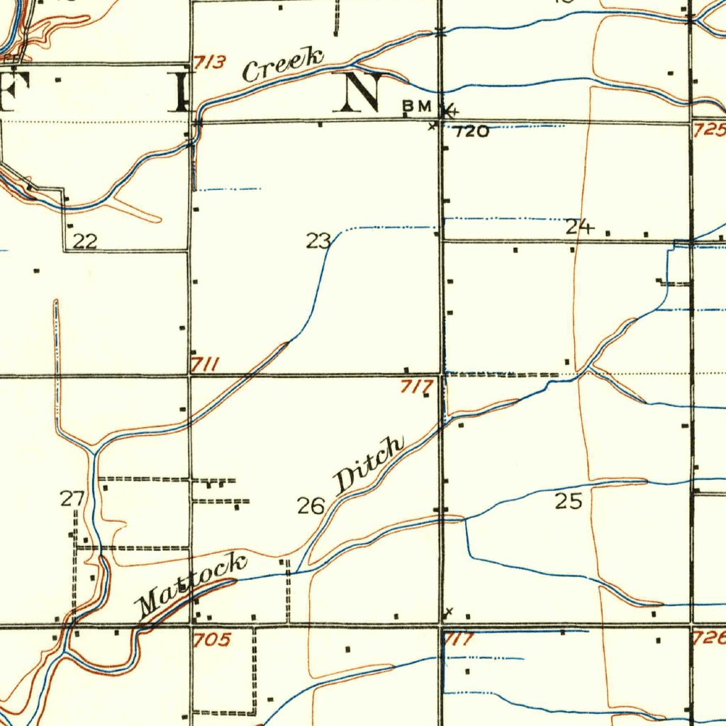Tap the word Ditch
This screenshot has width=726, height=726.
point(369,464)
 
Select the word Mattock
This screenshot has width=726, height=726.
point(191,585)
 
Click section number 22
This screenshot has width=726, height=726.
point(85,242)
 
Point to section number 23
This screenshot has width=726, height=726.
point(318,242)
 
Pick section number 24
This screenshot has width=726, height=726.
point(579,228)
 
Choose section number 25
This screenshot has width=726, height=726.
point(568,502)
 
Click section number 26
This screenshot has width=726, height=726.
point(311,506)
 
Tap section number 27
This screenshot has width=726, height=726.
point(72,499)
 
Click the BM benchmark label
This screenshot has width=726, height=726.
point(417,106)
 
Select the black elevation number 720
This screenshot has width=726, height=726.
point(471,132)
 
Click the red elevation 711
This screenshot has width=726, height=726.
point(204,365)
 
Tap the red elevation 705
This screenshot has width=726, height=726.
point(212,640)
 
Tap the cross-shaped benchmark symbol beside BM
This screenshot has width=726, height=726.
point(448,111)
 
